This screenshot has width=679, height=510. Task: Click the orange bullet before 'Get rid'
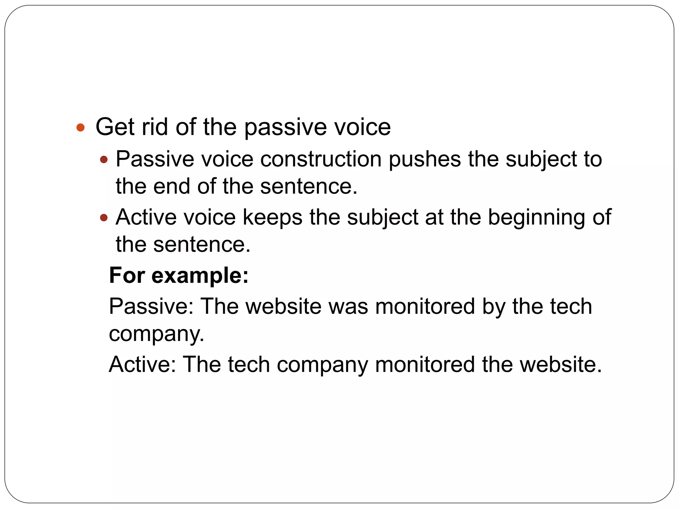point(81,127)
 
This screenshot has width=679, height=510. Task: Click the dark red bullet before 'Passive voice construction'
point(104,160)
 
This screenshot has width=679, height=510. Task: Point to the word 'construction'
point(321,159)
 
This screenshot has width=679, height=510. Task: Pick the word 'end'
point(171,186)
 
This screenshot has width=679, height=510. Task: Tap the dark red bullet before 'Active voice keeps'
point(104,218)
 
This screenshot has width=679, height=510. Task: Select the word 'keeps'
point(272,218)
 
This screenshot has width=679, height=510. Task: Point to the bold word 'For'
point(127,276)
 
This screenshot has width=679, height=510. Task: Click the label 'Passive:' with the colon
point(151,306)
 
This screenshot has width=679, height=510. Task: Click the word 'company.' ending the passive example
point(156,334)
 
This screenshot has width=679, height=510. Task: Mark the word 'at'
point(434,218)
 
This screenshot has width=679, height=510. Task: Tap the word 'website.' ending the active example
point(561,365)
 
